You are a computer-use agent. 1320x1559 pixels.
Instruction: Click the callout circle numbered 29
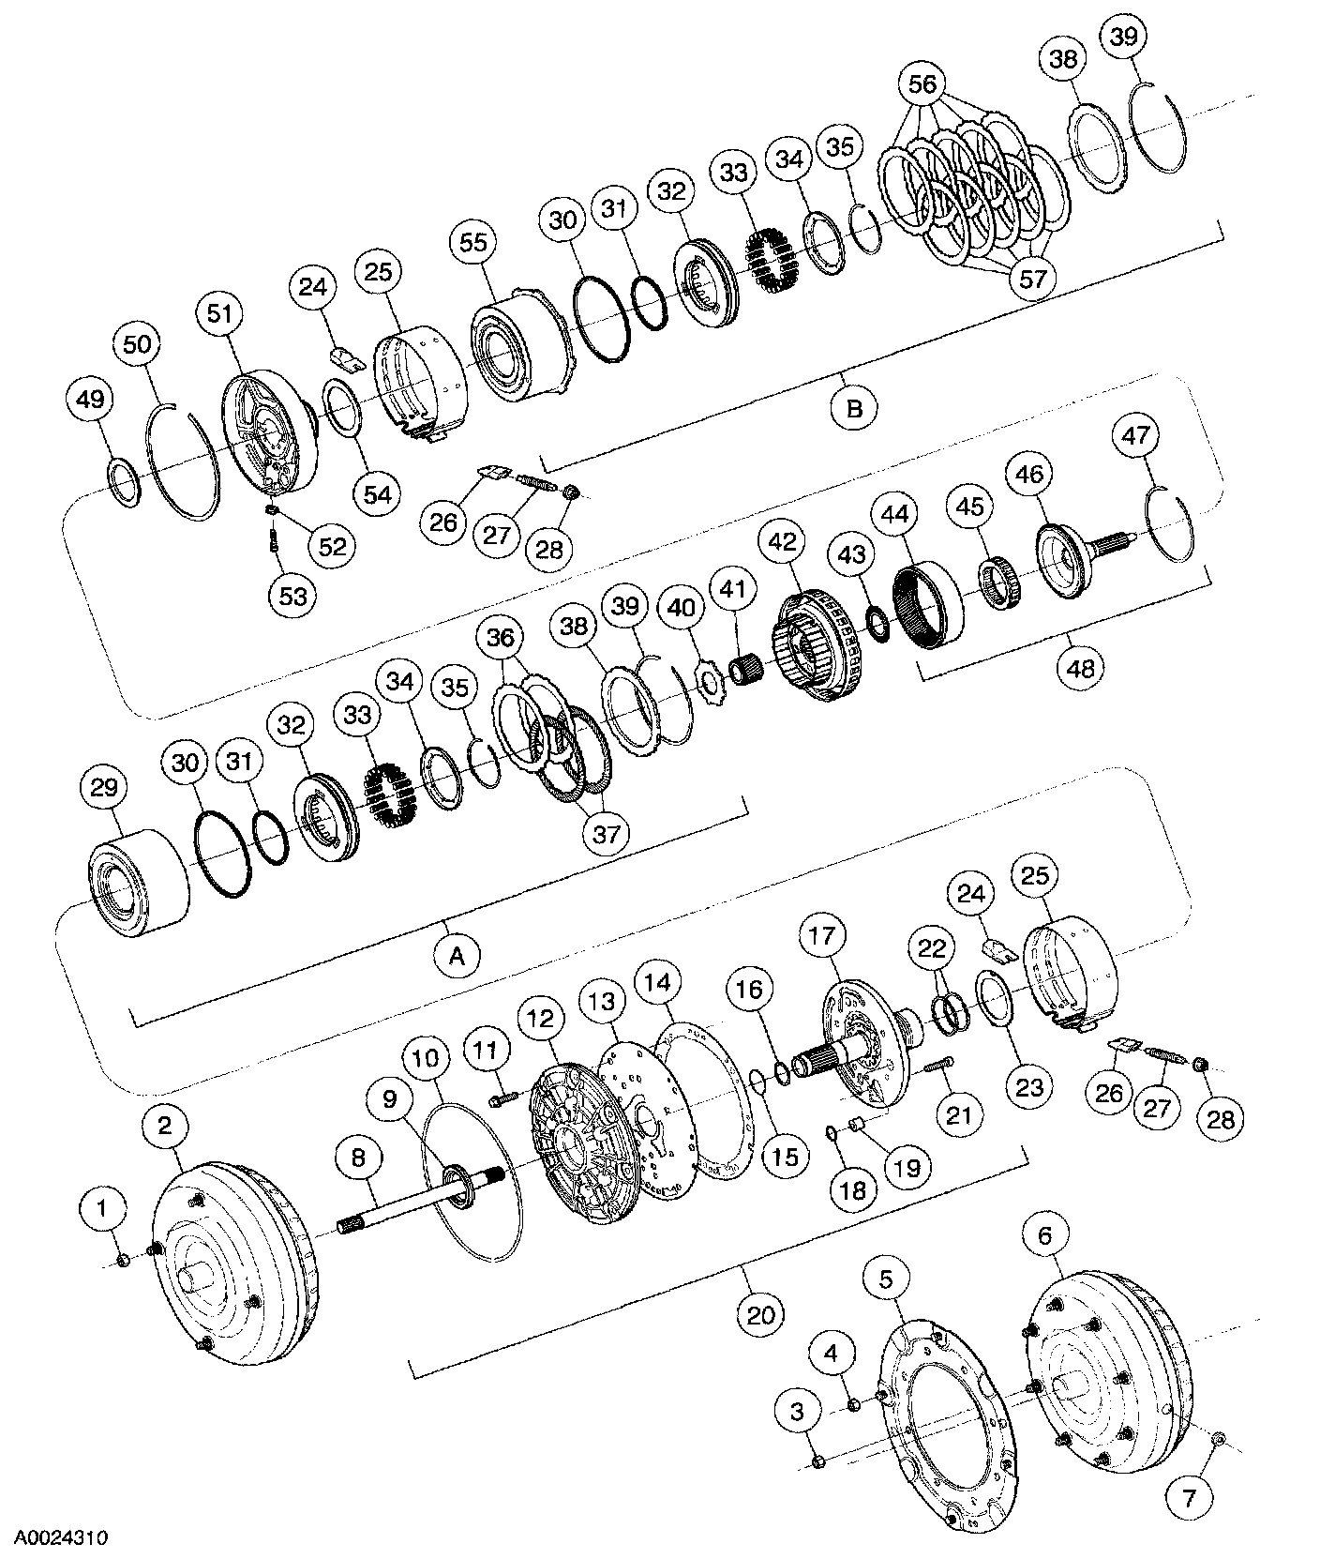click(x=104, y=789)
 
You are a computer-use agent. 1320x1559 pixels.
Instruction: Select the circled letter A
click(x=457, y=956)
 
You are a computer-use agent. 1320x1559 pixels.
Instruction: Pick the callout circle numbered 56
click(x=922, y=83)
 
